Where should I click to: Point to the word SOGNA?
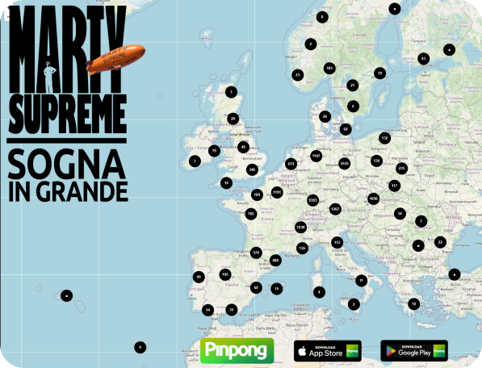click(67, 165)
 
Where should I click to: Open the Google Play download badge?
click(413, 350)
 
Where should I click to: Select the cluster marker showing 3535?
click(345, 164)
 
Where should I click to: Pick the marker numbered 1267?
click(335, 209)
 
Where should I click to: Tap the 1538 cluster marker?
click(300, 228)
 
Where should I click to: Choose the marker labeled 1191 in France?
click(277, 192)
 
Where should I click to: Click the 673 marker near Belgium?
click(291, 164)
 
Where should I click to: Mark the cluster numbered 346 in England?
click(252, 169)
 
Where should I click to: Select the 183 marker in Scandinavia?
click(329, 69)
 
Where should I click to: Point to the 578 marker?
click(256, 253)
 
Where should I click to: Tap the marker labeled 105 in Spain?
click(225, 274)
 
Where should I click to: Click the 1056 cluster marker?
click(373, 198)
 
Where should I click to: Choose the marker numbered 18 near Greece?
click(414, 303)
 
